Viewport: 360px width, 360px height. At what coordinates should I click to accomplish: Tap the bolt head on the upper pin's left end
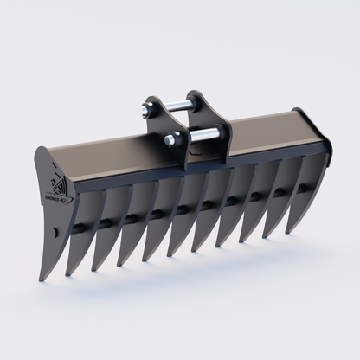pos(141,110)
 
